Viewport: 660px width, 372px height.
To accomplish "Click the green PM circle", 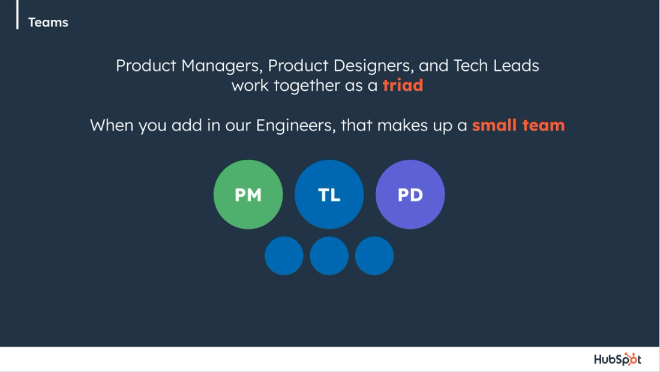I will (248, 194).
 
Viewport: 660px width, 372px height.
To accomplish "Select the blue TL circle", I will (329, 194).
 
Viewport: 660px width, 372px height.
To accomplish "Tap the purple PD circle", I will (410, 194).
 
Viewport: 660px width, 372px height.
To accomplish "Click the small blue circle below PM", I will (284, 256).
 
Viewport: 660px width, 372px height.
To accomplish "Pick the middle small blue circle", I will (329, 256).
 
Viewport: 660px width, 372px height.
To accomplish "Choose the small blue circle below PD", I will (374, 256).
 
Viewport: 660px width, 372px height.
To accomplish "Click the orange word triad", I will (403, 85).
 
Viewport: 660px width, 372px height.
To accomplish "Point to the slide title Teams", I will (48, 22).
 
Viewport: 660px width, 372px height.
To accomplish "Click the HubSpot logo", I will (617, 359).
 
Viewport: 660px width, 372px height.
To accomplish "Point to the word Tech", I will (471, 66).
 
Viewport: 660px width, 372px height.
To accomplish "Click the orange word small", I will (494, 126).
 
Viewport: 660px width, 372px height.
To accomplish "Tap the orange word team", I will (542, 126).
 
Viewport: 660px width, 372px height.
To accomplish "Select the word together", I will (307, 85).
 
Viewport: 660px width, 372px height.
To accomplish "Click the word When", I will (112, 126).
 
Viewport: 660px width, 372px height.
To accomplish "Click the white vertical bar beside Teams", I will (17, 14).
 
